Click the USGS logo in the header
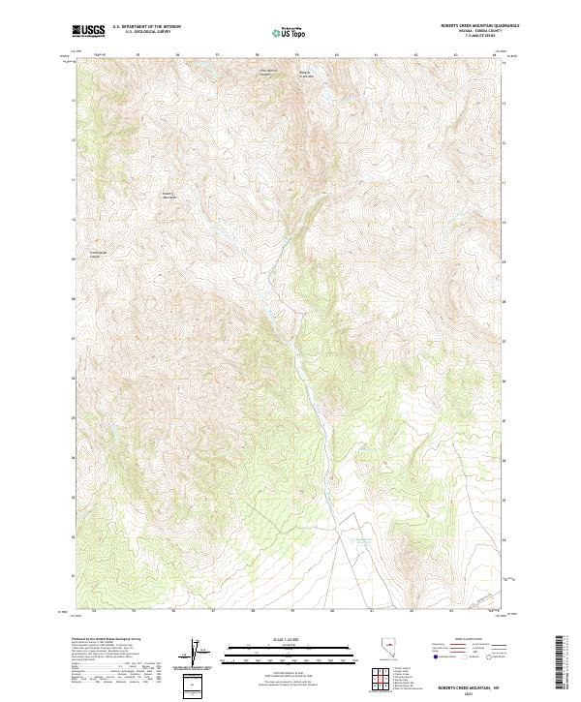pos(88,30)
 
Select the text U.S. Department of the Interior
pos(146,27)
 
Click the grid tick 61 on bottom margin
pos(372,612)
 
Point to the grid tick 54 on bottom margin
pos(94,612)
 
